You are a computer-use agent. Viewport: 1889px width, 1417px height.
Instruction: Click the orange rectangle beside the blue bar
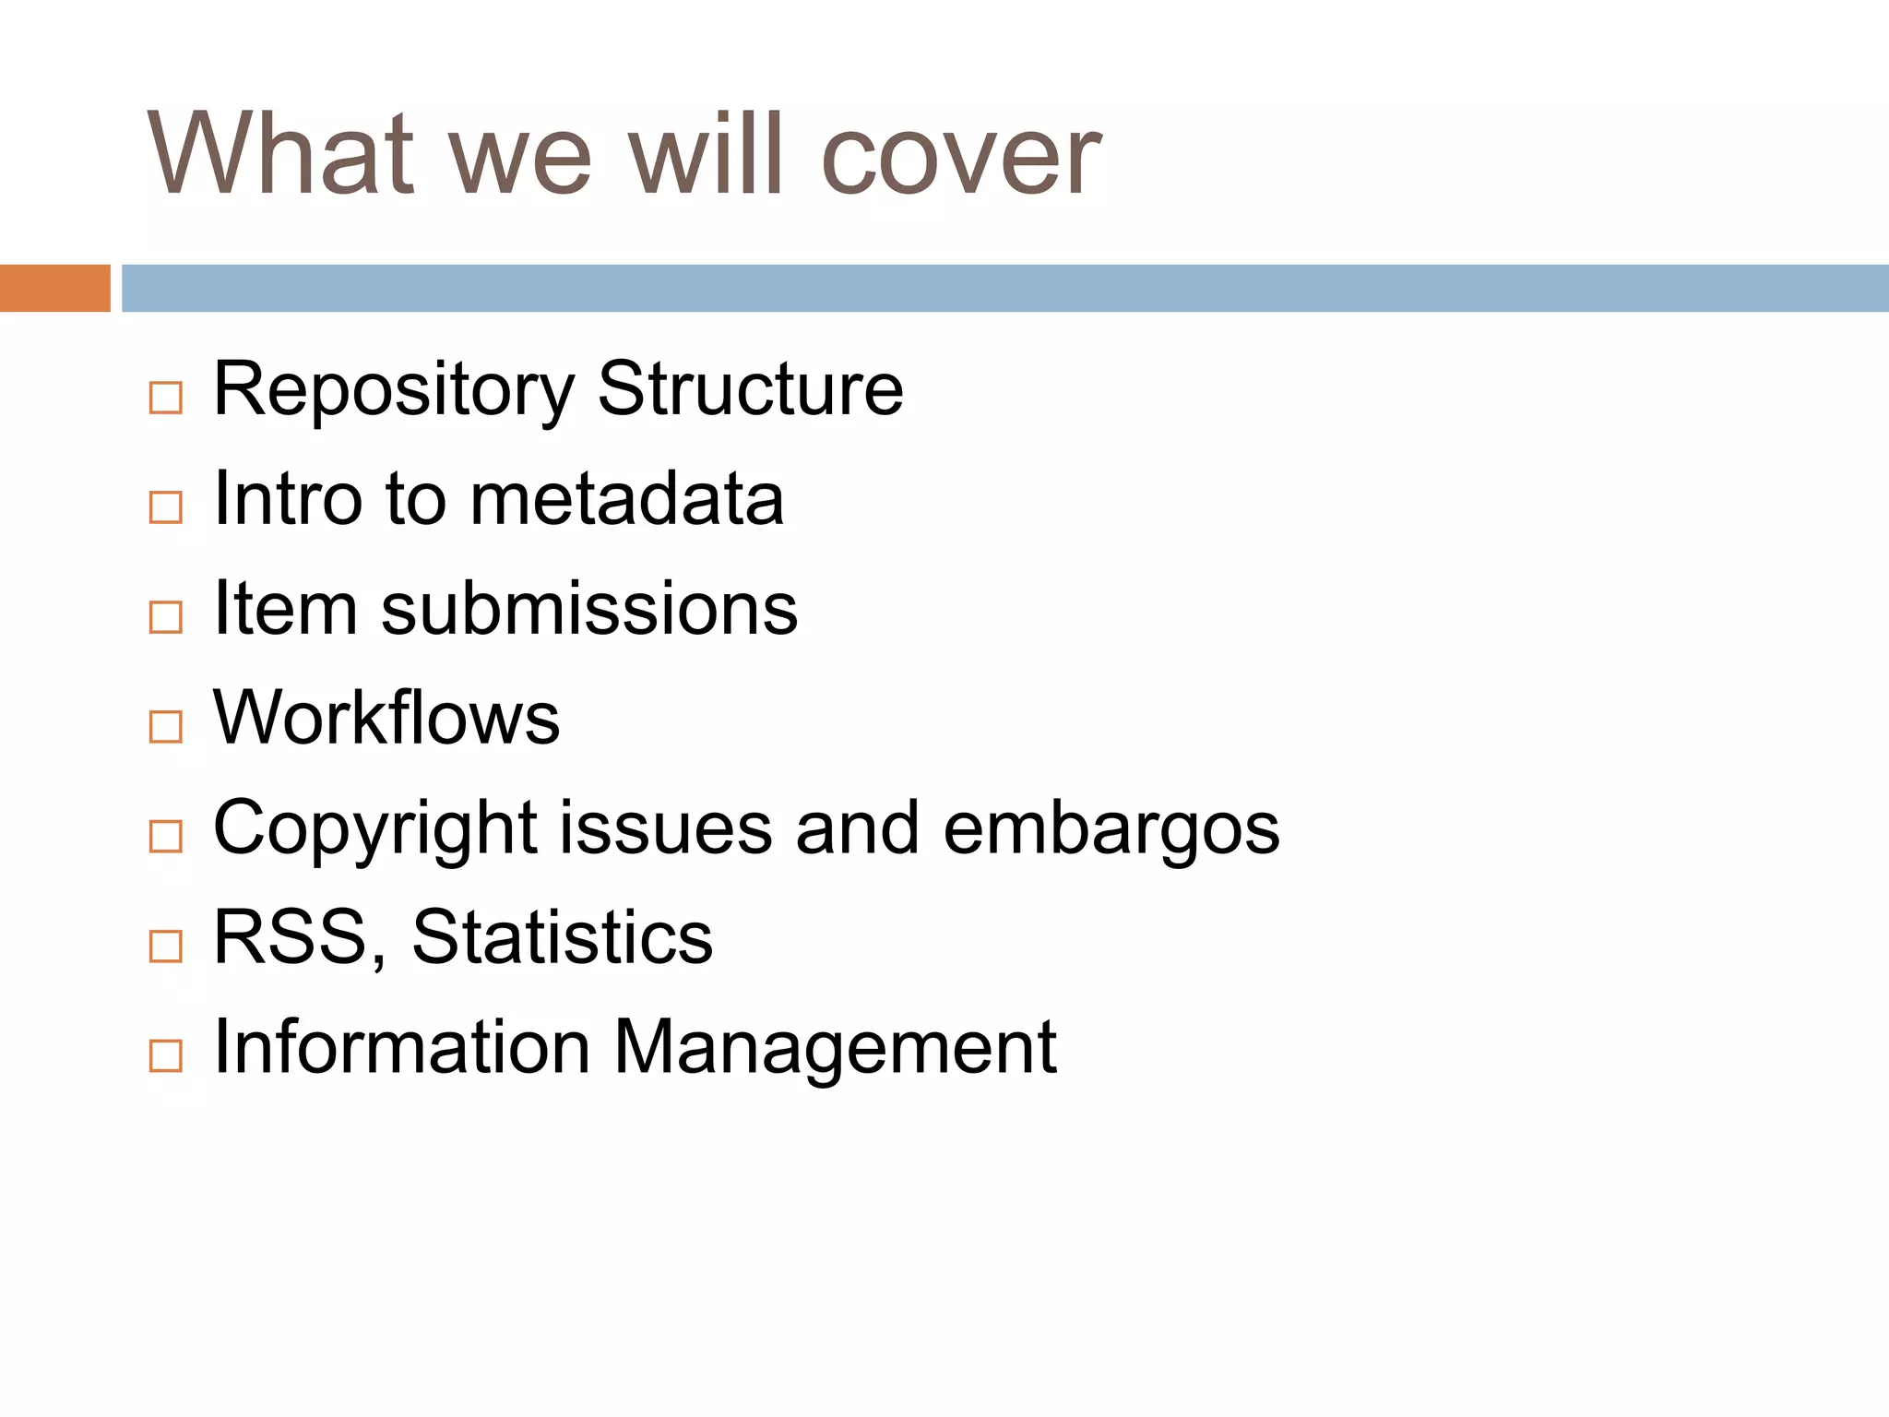click(54, 288)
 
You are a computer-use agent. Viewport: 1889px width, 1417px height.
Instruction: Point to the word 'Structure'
click(750, 388)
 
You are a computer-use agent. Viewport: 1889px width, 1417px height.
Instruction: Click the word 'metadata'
click(627, 499)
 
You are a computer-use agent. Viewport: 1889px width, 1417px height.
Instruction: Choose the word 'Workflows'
click(386, 718)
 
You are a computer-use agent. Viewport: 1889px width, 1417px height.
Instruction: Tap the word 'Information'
click(401, 1047)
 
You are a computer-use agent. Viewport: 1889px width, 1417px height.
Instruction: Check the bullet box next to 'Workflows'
click(166, 727)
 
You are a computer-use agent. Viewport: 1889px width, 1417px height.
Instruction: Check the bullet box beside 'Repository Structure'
click(166, 398)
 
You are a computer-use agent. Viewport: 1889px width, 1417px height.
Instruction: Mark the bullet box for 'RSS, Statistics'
click(166, 946)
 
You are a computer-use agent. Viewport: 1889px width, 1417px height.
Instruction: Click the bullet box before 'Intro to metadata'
click(166, 507)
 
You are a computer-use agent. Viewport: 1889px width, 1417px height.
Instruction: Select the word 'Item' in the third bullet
click(285, 609)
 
